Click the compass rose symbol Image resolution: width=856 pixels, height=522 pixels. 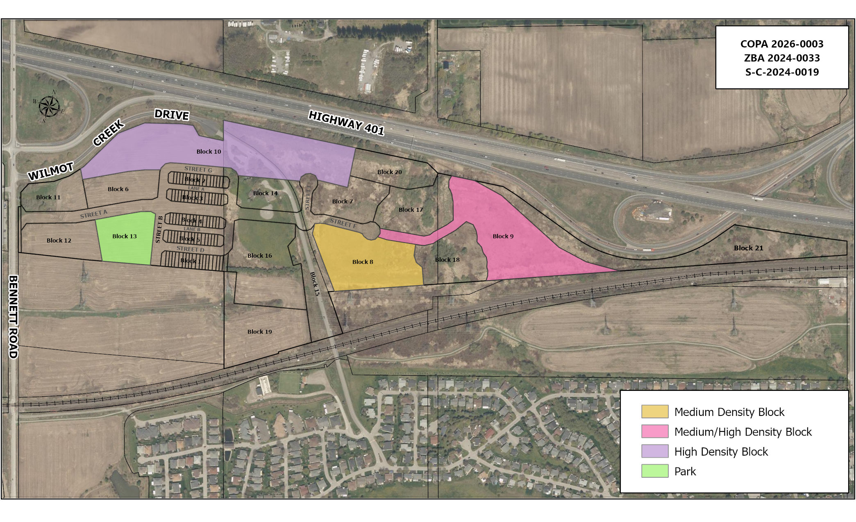pyautogui.click(x=49, y=106)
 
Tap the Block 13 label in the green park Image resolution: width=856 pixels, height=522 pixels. pyautogui.click(x=125, y=236)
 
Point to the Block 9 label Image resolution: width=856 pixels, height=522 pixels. pyautogui.click(x=503, y=236)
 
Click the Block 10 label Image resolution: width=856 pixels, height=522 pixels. pyautogui.click(x=209, y=152)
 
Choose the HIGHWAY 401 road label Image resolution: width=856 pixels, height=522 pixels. pyautogui.click(x=346, y=123)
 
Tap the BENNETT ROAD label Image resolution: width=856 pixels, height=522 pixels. pyautogui.click(x=13, y=317)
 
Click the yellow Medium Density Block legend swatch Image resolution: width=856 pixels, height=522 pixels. pyautogui.click(x=654, y=411)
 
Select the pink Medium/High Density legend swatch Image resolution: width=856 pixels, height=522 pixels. pyautogui.click(x=654, y=431)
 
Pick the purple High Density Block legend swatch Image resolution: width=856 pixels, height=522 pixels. pyautogui.click(x=654, y=451)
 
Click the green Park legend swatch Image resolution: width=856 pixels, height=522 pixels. pyautogui.click(x=654, y=471)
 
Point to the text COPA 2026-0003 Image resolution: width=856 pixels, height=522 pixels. pyautogui.click(x=781, y=44)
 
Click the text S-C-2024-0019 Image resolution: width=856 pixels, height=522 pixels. pyautogui.click(x=781, y=73)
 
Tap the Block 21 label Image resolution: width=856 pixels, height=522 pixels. pyautogui.click(x=748, y=248)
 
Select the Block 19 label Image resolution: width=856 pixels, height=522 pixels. pyautogui.click(x=259, y=332)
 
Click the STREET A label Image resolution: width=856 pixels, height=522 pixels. pyautogui.click(x=93, y=214)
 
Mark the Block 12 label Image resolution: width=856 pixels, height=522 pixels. pyautogui.click(x=59, y=241)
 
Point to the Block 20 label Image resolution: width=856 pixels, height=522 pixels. pyautogui.click(x=389, y=172)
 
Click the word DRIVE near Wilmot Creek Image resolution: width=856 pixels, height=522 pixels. pyautogui.click(x=172, y=115)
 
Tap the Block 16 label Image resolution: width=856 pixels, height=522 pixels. pyautogui.click(x=259, y=256)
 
